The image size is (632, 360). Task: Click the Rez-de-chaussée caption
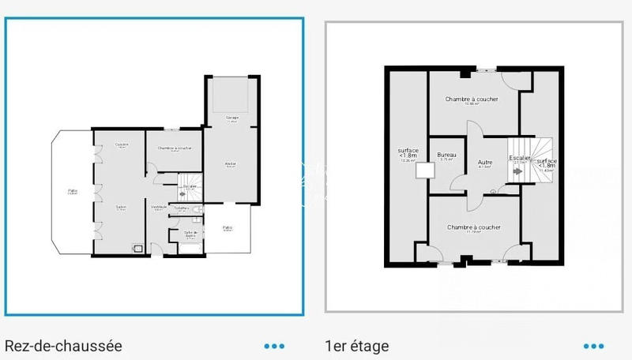[64, 346]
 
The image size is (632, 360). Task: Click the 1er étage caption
[356, 346]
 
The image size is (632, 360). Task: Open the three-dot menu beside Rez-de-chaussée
[274, 346]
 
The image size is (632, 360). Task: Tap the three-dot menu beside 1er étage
[593, 346]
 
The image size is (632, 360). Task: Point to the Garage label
[231, 118]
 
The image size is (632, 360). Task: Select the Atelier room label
[231, 164]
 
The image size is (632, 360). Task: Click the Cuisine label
[122, 144]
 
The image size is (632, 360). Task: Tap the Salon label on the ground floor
[122, 208]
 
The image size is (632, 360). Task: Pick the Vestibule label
[158, 207]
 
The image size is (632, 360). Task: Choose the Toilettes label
[182, 208]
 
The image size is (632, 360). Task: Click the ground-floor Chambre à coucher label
[174, 148]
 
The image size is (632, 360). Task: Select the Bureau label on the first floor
[446, 156]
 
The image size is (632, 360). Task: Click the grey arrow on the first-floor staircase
[517, 171]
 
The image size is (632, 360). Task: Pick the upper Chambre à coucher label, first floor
[472, 99]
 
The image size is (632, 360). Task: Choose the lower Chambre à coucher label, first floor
[473, 227]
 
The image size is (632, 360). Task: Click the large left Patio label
[72, 190]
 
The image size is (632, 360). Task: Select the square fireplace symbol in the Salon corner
[138, 248]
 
